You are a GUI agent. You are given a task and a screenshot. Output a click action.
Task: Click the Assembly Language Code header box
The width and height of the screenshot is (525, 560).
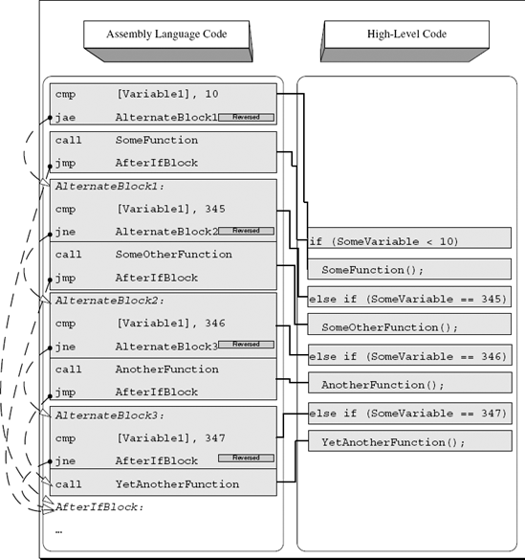(165, 34)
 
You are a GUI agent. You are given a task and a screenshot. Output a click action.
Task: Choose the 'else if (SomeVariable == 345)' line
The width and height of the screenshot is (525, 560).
(408, 298)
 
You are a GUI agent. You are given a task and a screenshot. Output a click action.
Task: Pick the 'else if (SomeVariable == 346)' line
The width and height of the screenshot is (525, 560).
(408, 355)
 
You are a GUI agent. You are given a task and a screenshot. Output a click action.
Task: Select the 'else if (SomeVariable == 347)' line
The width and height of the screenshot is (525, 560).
(408, 414)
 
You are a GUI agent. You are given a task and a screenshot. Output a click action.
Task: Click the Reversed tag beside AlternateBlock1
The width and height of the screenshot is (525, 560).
(247, 117)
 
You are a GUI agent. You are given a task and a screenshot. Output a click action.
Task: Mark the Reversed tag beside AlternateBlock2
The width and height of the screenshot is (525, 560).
(247, 231)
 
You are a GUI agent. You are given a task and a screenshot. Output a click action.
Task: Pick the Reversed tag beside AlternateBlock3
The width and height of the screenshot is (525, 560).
(247, 345)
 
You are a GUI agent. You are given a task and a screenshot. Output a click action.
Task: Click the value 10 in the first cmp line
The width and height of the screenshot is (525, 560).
(213, 94)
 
